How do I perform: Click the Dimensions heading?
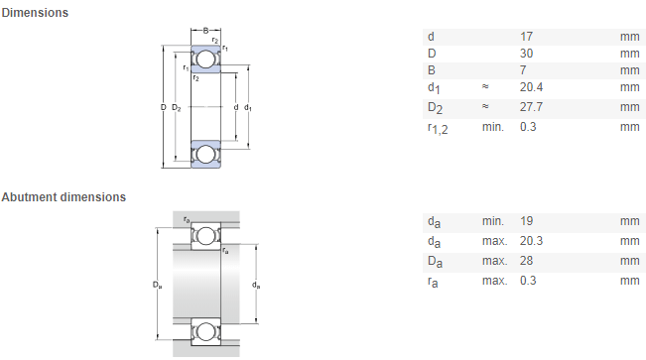[x=35, y=13]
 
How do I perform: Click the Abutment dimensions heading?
[x=64, y=197]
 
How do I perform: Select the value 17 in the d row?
[x=526, y=37]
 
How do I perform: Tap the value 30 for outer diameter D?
[x=526, y=54]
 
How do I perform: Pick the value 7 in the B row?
[x=523, y=70]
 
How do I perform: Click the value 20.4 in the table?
[x=531, y=87]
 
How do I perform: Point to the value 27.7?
[x=531, y=107]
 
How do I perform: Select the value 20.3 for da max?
[x=531, y=241]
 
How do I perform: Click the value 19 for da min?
[x=526, y=221]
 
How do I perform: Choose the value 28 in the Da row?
[x=526, y=261]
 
